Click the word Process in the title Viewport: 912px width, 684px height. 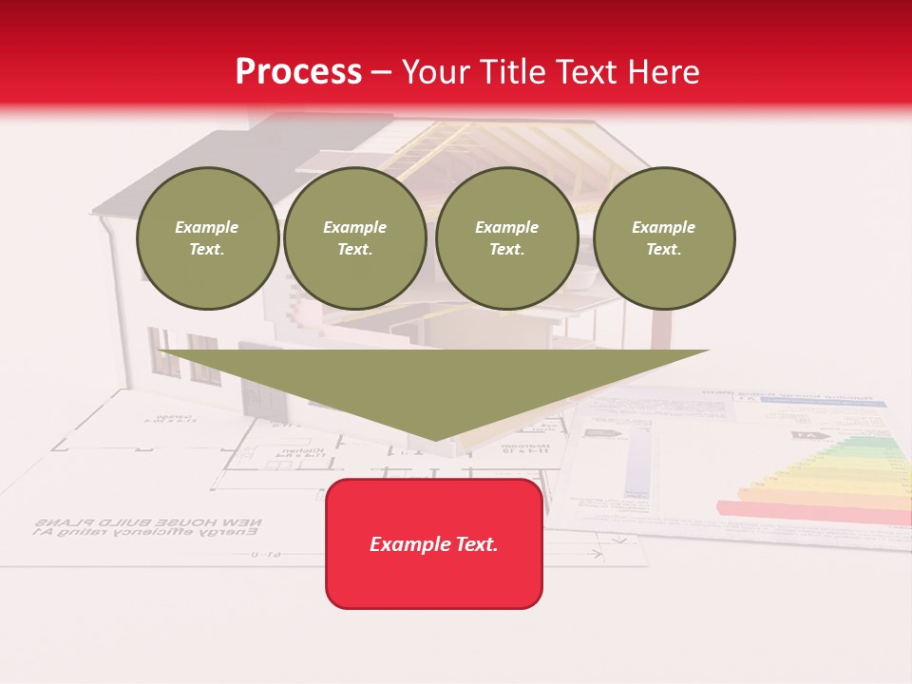click(x=298, y=72)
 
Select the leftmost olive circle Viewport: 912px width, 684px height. click(x=207, y=238)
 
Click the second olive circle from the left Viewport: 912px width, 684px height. click(x=354, y=238)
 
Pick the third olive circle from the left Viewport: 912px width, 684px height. click(x=506, y=238)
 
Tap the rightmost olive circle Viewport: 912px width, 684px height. click(x=663, y=238)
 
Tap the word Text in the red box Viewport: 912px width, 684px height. click(x=477, y=544)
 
